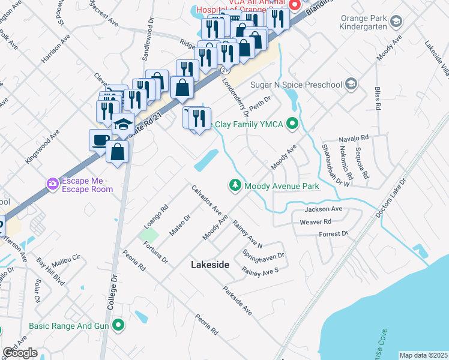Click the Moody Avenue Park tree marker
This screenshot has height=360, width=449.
coord(236,186)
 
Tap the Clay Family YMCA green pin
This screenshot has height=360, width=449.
coord(292,124)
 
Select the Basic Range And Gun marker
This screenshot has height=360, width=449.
coord(119,326)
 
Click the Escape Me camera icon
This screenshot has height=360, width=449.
coord(53,182)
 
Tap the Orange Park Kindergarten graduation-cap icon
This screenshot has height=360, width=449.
coord(396,22)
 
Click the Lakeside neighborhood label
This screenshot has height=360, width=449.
coord(210,264)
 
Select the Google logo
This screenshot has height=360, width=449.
coord(20,353)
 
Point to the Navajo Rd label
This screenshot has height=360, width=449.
coord(352,138)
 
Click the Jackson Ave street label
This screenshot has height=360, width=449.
coord(323,209)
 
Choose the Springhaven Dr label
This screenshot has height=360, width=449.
coord(264,255)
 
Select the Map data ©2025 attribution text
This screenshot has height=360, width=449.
coord(423,355)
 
